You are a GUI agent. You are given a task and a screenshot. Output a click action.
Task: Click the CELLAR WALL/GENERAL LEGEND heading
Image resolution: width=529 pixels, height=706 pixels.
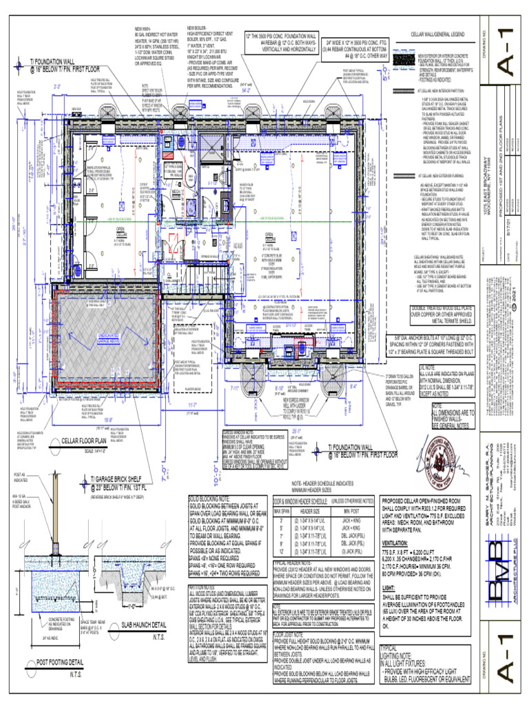click(442, 34)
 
